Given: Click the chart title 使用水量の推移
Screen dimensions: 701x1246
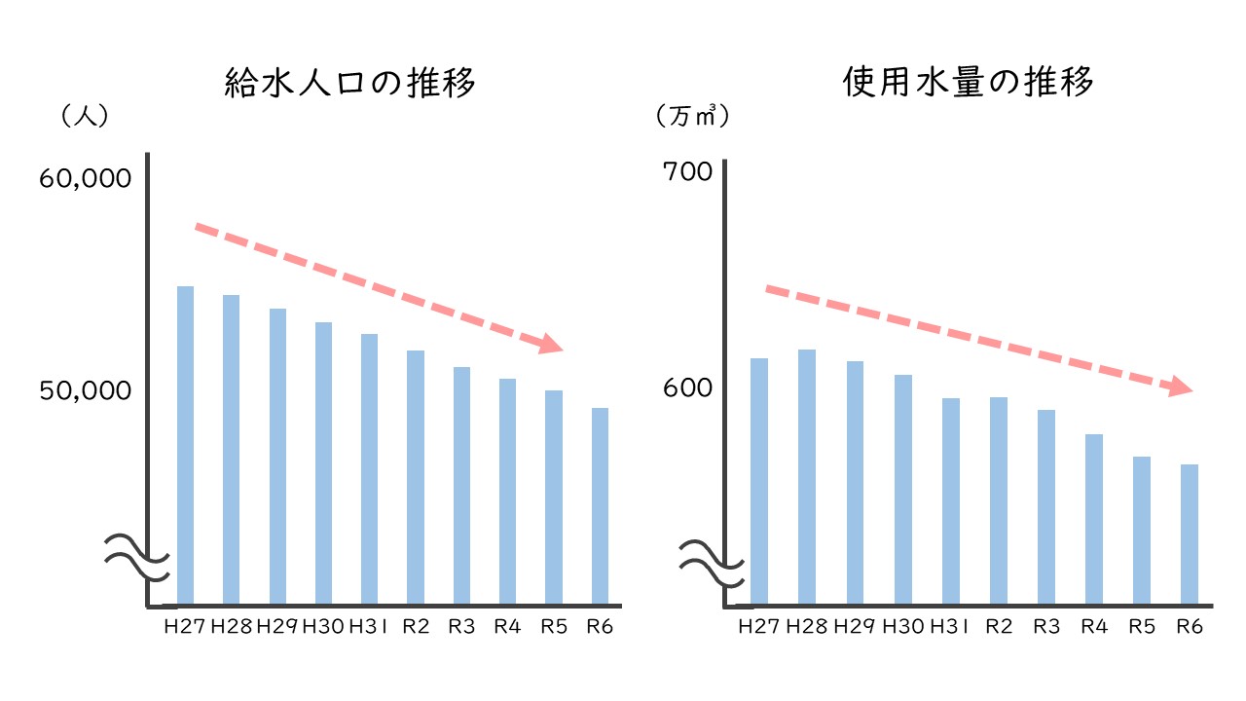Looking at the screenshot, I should pos(969,84).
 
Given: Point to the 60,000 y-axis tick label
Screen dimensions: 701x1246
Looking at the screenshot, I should pos(85,179).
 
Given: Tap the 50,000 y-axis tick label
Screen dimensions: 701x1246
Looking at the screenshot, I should pos(85,390).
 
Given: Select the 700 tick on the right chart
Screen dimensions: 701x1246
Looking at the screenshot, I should pos(687,172).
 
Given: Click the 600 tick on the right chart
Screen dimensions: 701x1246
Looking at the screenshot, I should pos(687,388).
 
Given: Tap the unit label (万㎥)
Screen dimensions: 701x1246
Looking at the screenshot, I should pos(693,116).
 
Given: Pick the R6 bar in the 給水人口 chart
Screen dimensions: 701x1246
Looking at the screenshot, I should pos(600,505).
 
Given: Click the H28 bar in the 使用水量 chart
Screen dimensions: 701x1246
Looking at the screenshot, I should pos(806,476).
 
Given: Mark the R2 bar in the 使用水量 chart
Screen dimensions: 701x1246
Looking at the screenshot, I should pos(998,500).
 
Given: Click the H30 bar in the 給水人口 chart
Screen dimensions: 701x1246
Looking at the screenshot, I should pos(323,462).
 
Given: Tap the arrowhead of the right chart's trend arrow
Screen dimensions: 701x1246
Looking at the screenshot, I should pos(1182,387).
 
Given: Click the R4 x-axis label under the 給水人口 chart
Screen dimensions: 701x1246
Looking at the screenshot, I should pos(507,626).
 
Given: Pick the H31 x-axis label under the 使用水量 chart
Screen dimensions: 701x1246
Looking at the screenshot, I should pos(950,626).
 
